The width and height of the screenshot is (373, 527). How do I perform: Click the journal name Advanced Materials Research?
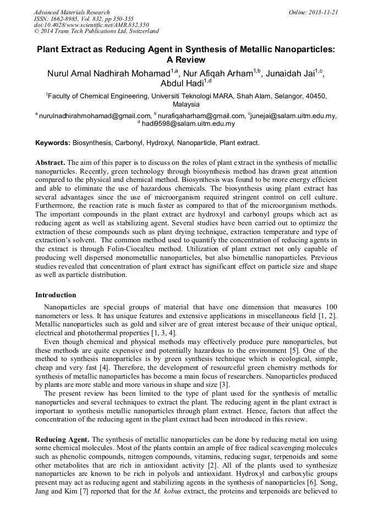(72, 12)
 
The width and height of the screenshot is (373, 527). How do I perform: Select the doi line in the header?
(91, 25)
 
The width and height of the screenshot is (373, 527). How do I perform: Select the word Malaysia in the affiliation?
(186, 104)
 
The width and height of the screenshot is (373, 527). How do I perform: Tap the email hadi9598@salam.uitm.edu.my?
(188, 124)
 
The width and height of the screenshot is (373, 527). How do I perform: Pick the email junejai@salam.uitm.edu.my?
(293, 116)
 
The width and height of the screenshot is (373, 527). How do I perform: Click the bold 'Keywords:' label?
(53, 143)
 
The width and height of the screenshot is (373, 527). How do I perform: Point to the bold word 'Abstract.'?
(51, 163)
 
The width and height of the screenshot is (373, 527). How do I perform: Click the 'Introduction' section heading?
(56, 295)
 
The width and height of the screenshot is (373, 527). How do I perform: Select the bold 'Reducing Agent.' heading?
(62, 440)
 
